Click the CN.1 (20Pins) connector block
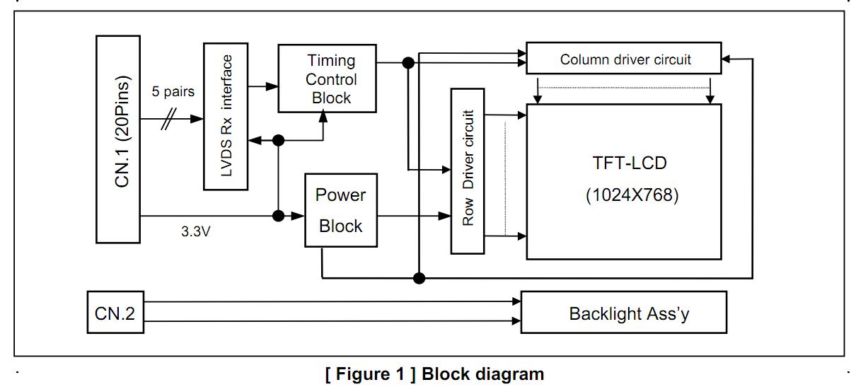tap(117, 139)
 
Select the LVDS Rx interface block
tap(226, 116)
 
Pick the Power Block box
tap(340, 209)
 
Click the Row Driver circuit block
tap(468, 171)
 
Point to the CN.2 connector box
tap(115, 312)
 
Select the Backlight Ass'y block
tap(623, 313)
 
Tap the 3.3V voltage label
tap(196, 232)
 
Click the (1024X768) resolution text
tap(631, 195)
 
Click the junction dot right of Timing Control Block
tap(407, 63)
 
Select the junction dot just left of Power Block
tap(279, 215)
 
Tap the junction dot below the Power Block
tap(419, 277)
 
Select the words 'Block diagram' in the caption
tap(483, 374)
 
